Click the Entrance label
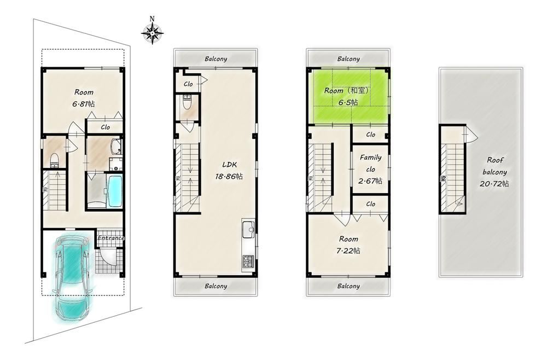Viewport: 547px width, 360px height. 111,238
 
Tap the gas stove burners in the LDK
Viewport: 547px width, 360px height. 247,261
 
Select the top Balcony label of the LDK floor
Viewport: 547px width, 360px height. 216,59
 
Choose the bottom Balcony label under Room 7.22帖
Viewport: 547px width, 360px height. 348,286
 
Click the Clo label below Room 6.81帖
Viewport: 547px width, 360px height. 105,127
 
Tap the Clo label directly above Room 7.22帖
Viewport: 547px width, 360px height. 370,204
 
